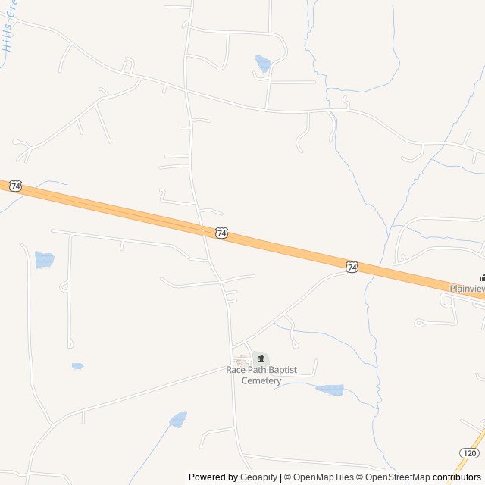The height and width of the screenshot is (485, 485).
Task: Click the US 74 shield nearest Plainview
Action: [x=352, y=267]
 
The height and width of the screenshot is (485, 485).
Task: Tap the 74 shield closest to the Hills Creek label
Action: [x=17, y=186]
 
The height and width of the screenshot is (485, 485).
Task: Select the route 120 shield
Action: [x=468, y=452]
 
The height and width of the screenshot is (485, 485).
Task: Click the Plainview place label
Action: [x=467, y=289]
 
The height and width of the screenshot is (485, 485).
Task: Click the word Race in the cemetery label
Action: [x=236, y=370]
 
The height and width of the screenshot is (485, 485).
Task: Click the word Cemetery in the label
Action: [x=261, y=380]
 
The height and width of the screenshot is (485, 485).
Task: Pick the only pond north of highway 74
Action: [x=263, y=64]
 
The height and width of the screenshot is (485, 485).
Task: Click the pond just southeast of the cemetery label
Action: [x=330, y=390]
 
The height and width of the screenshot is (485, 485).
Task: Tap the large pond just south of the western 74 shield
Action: [x=44, y=260]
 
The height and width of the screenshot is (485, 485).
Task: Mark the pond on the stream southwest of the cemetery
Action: [x=178, y=419]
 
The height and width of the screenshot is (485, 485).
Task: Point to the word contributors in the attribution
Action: [x=457, y=477]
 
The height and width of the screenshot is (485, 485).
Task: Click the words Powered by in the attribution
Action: [x=213, y=477]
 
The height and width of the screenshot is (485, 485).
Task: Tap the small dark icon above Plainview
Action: [x=482, y=277]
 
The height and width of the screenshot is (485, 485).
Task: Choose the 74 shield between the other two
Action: [x=221, y=233]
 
